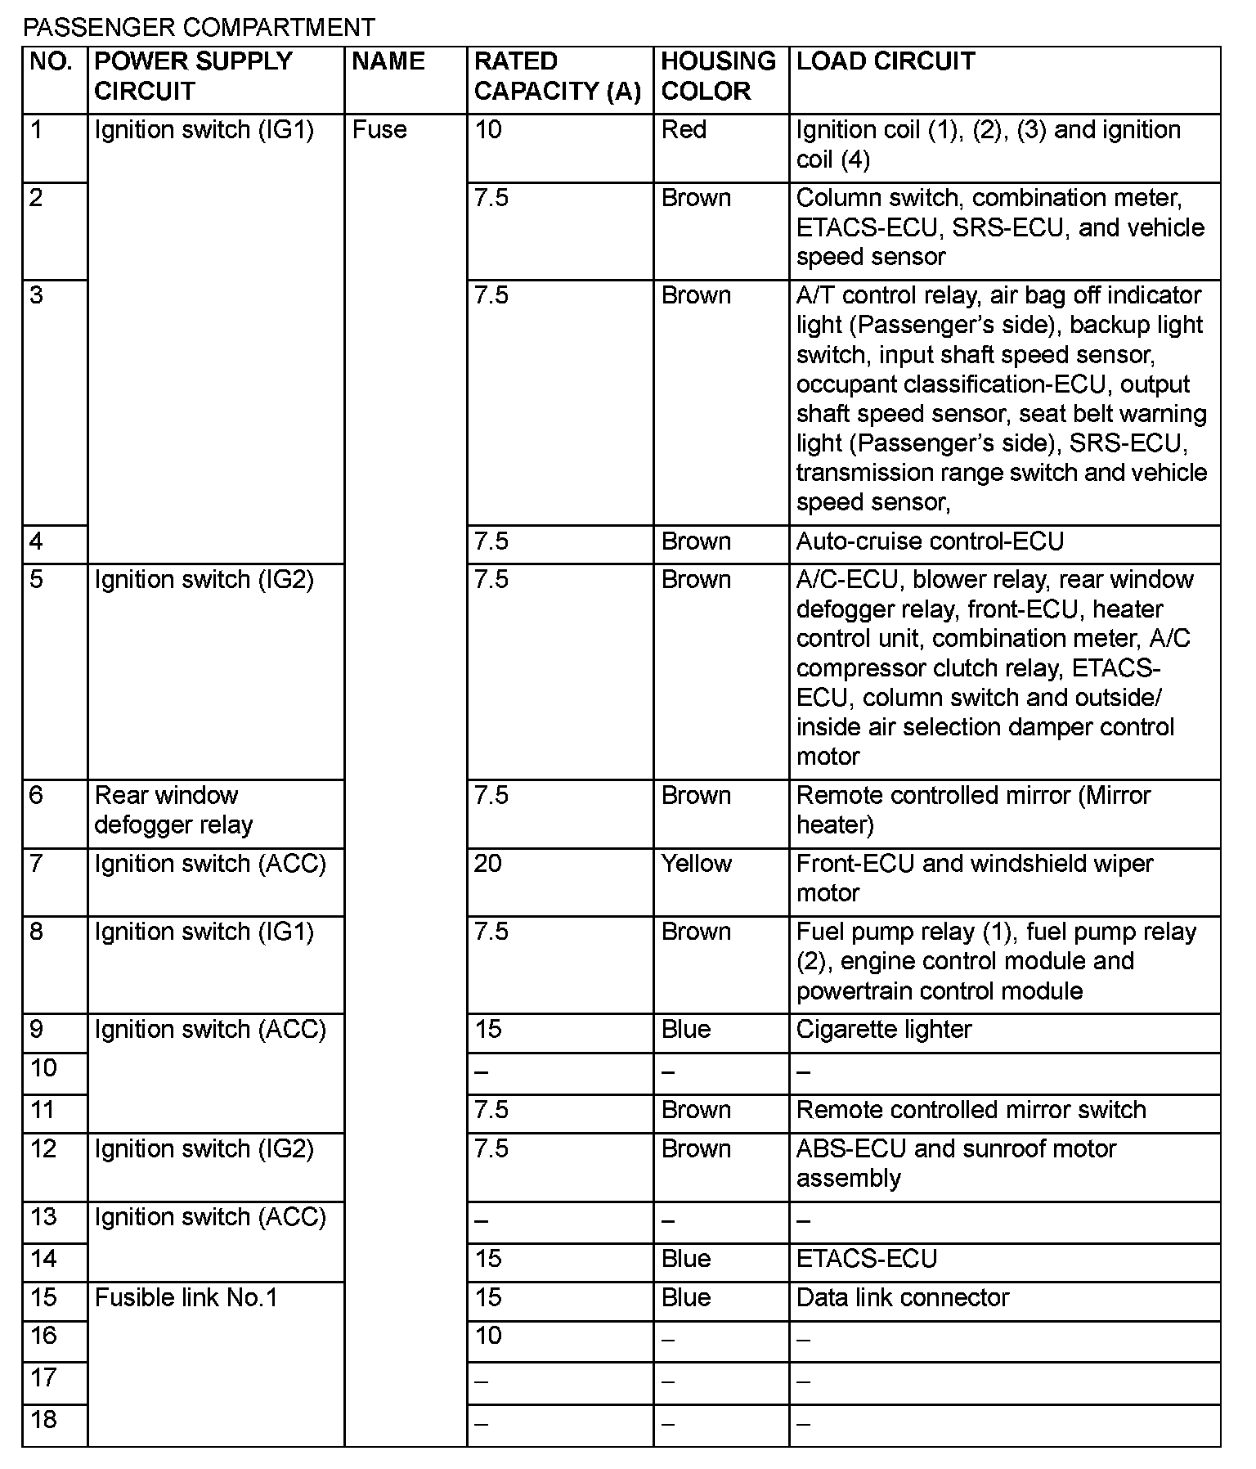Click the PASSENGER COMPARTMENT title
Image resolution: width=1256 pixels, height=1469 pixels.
199,28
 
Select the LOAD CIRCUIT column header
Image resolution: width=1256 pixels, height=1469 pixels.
886,61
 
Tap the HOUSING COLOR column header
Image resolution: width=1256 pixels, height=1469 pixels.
718,76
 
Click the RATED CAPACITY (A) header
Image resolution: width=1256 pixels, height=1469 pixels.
558,76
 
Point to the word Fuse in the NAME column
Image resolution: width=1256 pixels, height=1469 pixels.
379,130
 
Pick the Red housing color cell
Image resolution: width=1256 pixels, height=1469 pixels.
684,130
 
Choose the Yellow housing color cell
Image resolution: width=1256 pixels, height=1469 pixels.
696,864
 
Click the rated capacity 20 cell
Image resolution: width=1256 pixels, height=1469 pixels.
487,864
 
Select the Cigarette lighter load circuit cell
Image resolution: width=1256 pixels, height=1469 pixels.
884,1030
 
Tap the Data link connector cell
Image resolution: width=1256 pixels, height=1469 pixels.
903,1298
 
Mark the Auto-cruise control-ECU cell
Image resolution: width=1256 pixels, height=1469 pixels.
930,541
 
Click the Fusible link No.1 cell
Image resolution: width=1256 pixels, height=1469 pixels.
186,1298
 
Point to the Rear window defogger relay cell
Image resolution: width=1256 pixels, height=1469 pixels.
173,811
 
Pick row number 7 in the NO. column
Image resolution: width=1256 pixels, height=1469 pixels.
36,864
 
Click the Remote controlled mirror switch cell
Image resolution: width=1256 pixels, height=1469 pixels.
971,1110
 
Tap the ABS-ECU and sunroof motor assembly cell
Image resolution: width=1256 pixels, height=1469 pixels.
956,1163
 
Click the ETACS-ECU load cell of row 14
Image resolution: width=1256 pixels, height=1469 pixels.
867,1259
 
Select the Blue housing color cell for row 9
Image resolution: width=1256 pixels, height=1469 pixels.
686,1030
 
